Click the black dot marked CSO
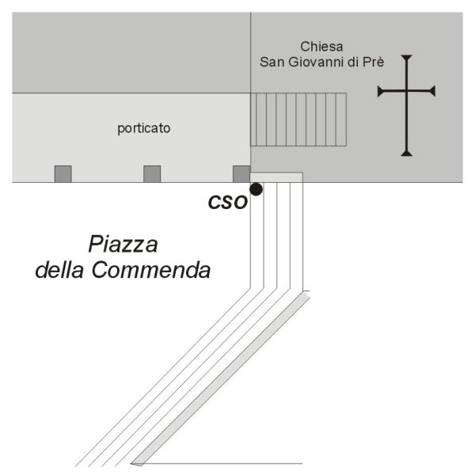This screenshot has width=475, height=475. (x=256, y=189)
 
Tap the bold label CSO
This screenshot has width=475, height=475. (x=228, y=202)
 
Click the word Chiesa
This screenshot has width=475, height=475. (x=321, y=47)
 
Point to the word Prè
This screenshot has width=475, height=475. (x=374, y=62)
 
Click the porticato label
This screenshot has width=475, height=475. (x=144, y=128)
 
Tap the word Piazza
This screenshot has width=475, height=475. (x=123, y=244)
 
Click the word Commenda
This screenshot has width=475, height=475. (x=151, y=270)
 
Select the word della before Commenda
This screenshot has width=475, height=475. (x=59, y=270)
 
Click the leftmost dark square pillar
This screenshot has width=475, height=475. (x=63, y=174)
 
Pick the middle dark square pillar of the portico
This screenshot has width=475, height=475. (x=152, y=174)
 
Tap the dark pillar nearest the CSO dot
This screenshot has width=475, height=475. (x=241, y=174)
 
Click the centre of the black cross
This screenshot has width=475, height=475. (x=407, y=91)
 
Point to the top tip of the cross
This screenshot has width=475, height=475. (x=407, y=55)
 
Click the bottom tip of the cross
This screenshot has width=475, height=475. (x=407, y=156)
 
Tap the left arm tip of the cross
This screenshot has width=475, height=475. (x=378, y=91)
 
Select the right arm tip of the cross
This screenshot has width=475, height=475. (x=435, y=91)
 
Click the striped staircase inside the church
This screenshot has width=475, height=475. (x=298, y=120)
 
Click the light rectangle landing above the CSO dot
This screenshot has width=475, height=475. (x=276, y=177)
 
